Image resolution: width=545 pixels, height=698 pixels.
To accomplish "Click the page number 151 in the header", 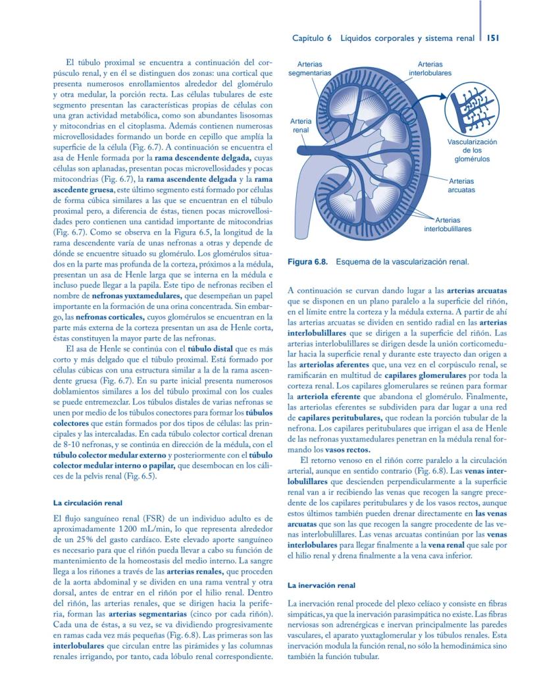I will tap(492, 38).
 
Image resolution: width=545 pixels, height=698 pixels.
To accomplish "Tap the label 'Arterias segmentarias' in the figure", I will tap(309, 68).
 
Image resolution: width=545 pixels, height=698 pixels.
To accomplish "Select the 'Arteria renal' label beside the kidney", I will tap(301, 126).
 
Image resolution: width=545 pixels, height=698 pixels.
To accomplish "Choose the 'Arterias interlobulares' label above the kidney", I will tap(430, 68).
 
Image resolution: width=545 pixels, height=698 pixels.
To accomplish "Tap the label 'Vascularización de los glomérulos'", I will tap(472, 150).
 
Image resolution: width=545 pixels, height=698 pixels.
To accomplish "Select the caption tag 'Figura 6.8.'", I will tap(308, 262).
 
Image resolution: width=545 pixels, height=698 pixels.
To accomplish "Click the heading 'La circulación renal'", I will tap(88, 502).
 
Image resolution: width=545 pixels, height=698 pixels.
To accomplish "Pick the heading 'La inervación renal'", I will tap(322, 585).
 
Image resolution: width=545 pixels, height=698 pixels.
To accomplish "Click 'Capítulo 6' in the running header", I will tap(313, 38).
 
